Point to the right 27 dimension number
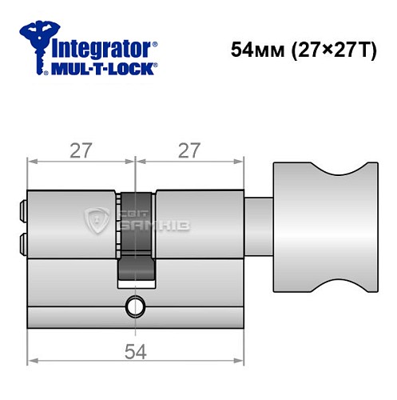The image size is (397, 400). pyautogui.click(x=190, y=150)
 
